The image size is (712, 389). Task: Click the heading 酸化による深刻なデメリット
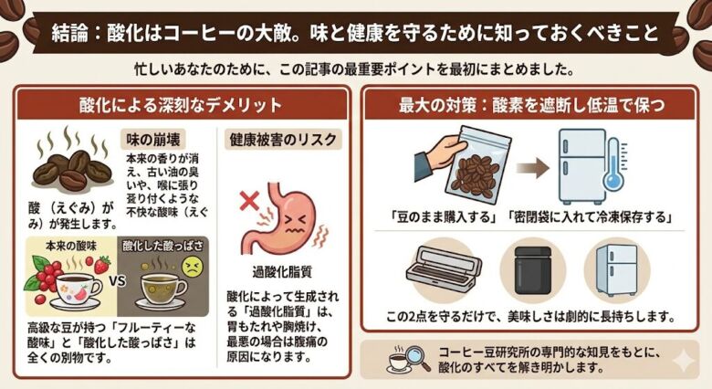[181, 104]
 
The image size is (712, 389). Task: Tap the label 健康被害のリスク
[282, 140]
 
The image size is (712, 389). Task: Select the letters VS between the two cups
[117, 280]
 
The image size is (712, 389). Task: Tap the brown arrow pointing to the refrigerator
[533, 167]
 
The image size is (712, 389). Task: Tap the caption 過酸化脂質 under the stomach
[282, 270]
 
